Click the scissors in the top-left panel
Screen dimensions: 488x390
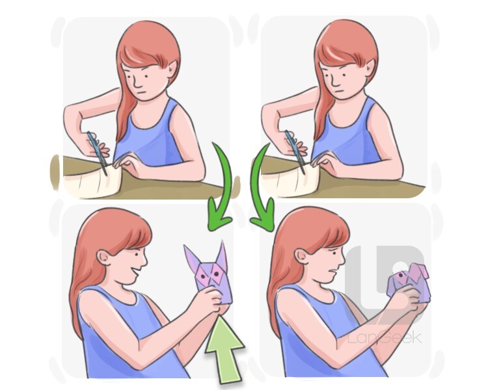point(98,152)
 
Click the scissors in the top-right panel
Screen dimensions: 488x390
point(295,151)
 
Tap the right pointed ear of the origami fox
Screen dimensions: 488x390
point(222,253)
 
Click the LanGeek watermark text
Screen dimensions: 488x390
point(385,338)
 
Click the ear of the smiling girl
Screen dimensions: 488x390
point(103,257)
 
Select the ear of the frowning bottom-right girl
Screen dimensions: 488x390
point(301,256)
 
